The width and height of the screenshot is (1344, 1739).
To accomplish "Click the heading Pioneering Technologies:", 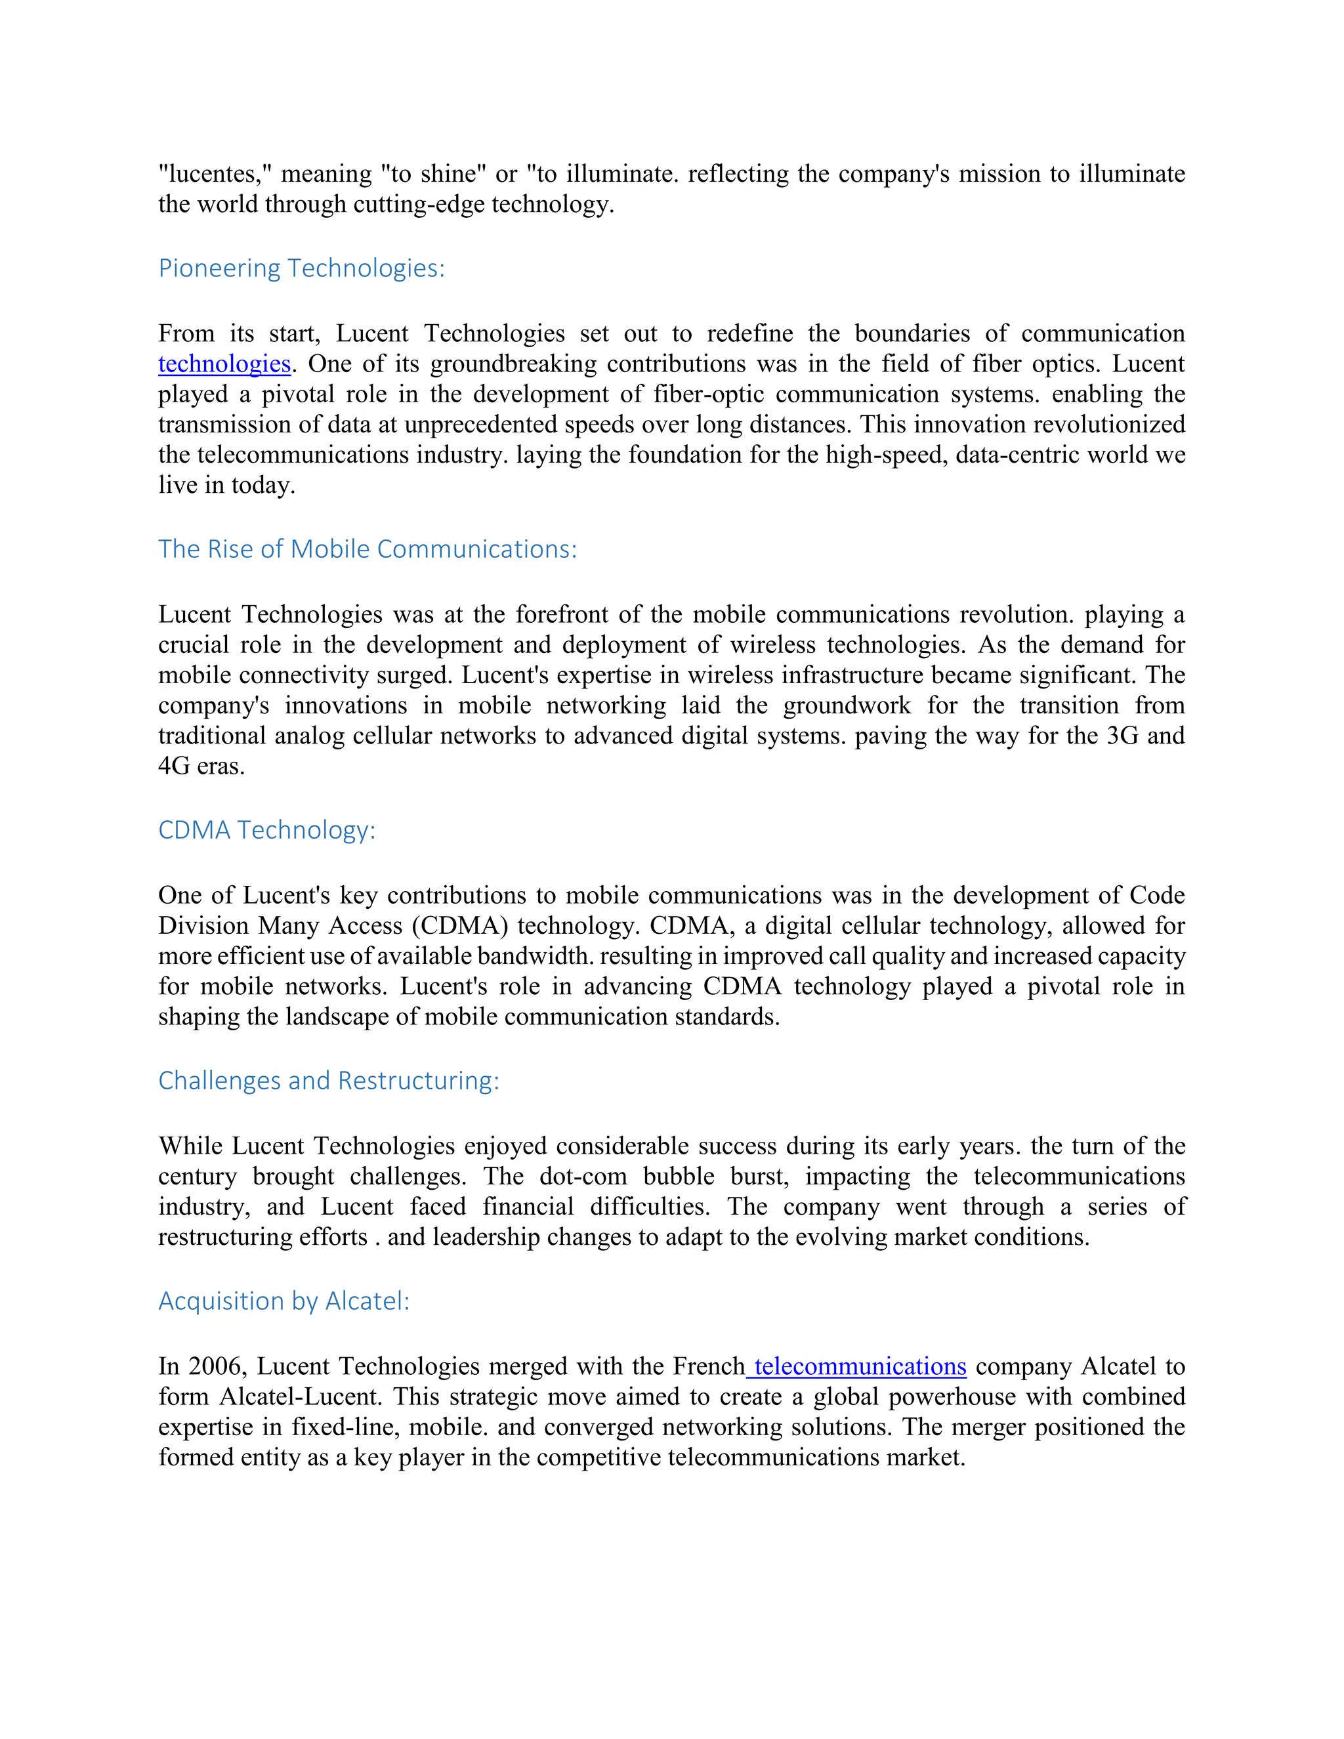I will [301, 268].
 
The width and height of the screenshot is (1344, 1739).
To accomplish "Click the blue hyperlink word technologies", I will [224, 364].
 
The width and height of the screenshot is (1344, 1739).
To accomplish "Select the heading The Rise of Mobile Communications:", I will [367, 549].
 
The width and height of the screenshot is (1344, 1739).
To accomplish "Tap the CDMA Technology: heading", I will [266, 831].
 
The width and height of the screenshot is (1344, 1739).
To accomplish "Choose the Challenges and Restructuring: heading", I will [328, 1081].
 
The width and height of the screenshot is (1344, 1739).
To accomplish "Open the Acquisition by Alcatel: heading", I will [283, 1301].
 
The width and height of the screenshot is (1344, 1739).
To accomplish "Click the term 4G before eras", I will [173, 766].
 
